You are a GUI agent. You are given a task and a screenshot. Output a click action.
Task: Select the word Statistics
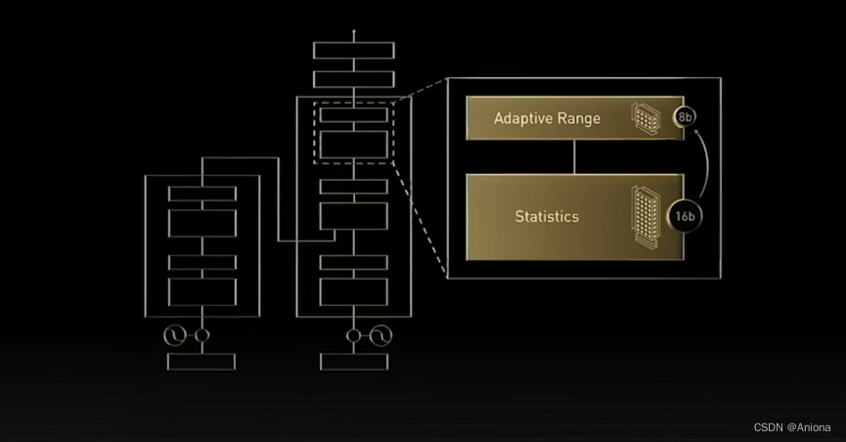coord(548,215)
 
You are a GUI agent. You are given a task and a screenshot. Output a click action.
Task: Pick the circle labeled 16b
coord(685,215)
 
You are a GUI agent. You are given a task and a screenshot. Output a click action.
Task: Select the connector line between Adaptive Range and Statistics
coord(574,156)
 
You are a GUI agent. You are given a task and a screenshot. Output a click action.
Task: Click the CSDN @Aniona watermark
coord(792,427)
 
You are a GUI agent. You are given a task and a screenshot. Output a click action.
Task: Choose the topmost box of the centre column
coord(354,50)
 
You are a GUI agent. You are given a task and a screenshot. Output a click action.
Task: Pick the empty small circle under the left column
coord(201,336)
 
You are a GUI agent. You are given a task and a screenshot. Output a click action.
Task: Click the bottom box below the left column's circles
coord(201,362)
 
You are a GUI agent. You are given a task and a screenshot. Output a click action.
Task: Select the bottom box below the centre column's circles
coord(354,362)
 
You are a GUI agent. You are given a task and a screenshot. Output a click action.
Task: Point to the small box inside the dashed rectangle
coord(354,114)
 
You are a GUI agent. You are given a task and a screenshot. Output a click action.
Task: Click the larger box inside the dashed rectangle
coord(354,145)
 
